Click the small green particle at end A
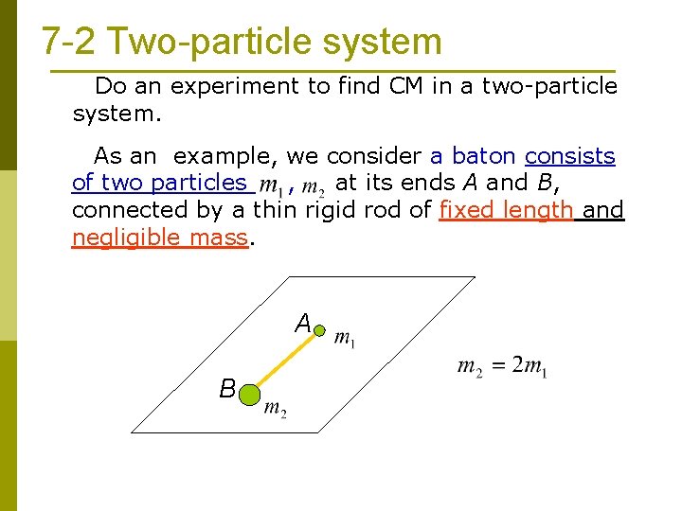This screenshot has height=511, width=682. (x=319, y=331)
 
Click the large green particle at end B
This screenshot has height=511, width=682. (x=250, y=394)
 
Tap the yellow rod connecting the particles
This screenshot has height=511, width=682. (x=285, y=362)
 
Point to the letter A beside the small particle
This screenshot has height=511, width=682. (x=303, y=324)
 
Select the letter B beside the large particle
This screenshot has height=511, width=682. (x=227, y=388)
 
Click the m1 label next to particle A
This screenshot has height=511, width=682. (x=345, y=339)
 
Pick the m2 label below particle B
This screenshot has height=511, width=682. (x=275, y=408)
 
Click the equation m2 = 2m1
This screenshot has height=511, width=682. (x=501, y=367)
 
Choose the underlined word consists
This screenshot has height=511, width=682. (x=570, y=155)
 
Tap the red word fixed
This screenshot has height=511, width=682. (x=472, y=209)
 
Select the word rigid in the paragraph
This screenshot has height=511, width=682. (x=332, y=209)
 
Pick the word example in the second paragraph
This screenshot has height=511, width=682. (x=227, y=155)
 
